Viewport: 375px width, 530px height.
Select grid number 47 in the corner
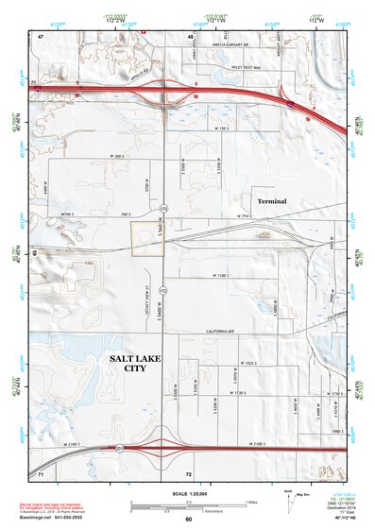pos(41,36)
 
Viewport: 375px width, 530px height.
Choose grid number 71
pos(41,471)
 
